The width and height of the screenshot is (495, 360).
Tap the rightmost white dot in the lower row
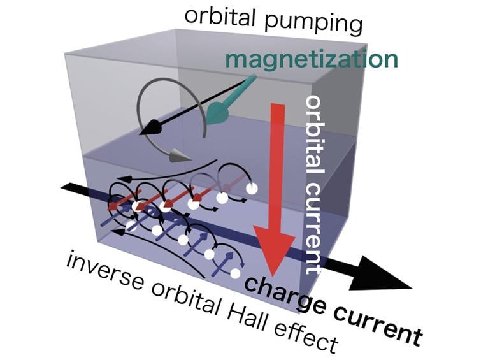click(x=236, y=273)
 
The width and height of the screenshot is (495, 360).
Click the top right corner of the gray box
click(x=366, y=45)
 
